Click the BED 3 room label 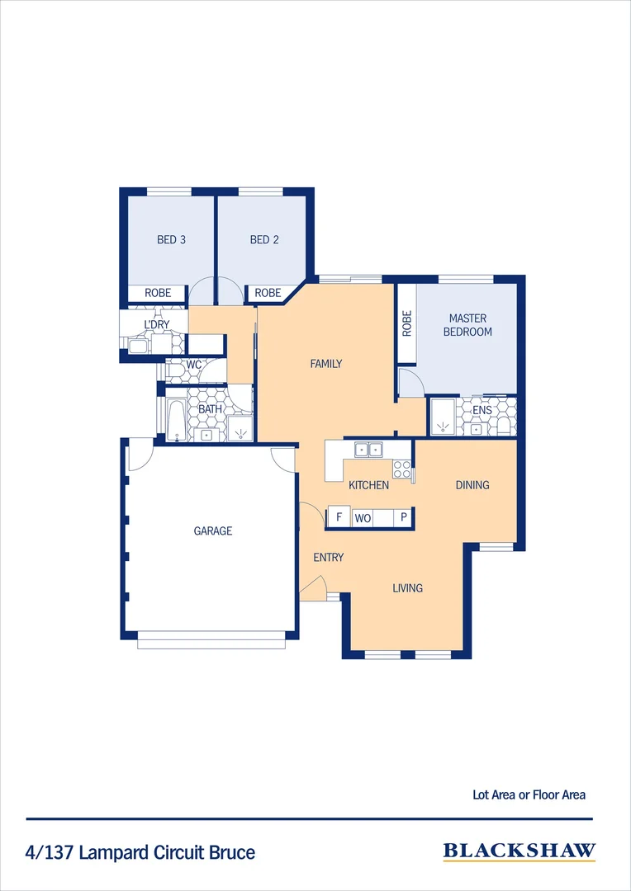point(171,240)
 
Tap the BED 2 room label point(264,240)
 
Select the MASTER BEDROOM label point(468,325)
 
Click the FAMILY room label point(325,364)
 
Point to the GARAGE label point(212,531)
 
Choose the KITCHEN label point(368,485)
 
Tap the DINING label point(472,485)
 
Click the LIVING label point(407,588)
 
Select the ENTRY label point(328,558)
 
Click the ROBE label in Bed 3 point(158,293)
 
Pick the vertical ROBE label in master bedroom point(406,323)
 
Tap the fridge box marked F point(338,518)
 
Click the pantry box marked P point(404,518)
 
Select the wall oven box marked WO point(363,518)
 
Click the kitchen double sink point(368,450)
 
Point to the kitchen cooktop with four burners point(401,469)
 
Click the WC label point(194,364)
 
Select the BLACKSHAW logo point(519,852)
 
